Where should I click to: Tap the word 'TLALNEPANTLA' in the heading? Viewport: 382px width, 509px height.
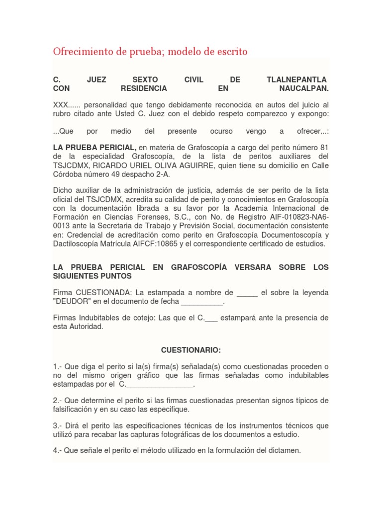[297, 80]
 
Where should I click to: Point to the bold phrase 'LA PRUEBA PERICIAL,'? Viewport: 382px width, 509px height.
[95, 148]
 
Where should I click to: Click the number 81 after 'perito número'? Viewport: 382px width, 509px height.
[324, 148]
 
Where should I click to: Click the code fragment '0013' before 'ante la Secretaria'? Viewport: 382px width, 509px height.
[62, 226]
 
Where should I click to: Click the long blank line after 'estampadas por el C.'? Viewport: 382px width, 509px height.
[160, 384]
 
